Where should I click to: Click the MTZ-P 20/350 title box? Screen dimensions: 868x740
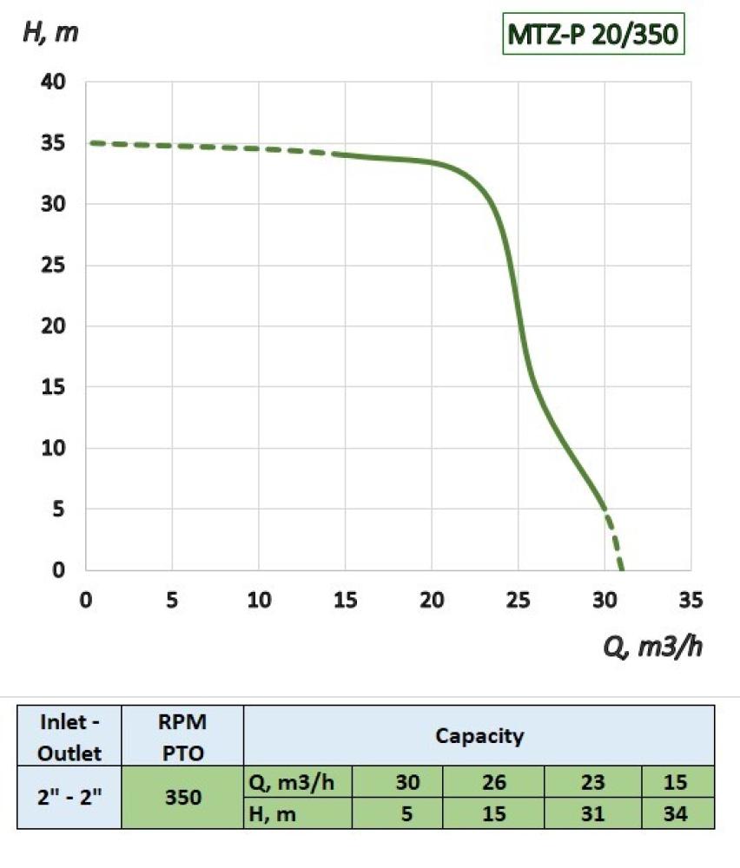(x=594, y=36)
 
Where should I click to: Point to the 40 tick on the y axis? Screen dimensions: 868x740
(x=54, y=82)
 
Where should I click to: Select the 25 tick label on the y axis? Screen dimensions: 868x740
(x=54, y=266)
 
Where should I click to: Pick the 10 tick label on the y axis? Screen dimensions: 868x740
(x=54, y=449)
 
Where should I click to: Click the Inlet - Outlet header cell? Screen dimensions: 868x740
(x=69, y=736)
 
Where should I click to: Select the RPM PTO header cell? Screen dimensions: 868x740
(x=183, y=736)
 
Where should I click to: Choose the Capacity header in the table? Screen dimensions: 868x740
(x=479, y=736)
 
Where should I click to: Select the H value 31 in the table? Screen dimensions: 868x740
(x=593, y=814)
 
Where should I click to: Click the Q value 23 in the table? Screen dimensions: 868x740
(x=593, y=782)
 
